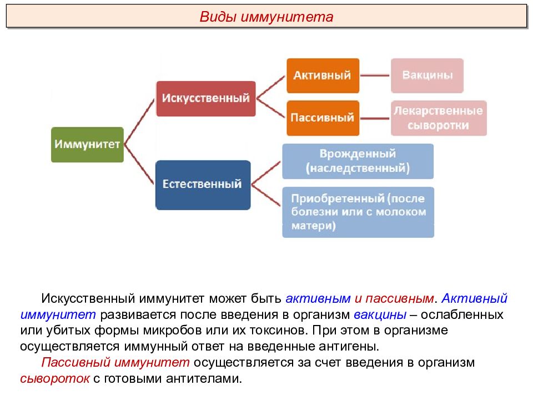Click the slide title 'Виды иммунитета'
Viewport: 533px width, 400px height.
[x=266, y=17]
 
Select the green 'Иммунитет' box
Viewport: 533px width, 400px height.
[x=87, y=144]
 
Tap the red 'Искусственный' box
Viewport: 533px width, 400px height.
[x=205, y=99]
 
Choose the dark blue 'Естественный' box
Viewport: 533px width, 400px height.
[x=203, y=184]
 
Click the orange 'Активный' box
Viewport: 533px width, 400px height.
[x=323, y=76]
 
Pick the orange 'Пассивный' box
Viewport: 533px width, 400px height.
[x=323, y=118]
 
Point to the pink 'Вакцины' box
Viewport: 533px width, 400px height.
[x=427, y=76]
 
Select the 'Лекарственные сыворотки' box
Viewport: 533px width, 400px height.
[x=439, y=118]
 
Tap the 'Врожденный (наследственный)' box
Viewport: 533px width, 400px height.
[x=358, y=161]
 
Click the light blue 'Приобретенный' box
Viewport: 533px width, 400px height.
[x=358, y=212]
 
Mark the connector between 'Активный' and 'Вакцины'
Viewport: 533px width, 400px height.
[x=375, y=76]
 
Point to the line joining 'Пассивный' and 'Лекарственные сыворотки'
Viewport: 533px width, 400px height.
[x=375, y=118]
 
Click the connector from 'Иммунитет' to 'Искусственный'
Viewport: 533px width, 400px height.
[x=140, y=122]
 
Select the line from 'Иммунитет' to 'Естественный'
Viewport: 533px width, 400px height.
[x=139, y=164]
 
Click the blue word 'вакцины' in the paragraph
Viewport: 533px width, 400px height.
[x=380, y=314]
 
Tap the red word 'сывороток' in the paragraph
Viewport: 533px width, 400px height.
[x=55, y=378]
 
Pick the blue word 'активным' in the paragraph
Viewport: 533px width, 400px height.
[x=318, y=298]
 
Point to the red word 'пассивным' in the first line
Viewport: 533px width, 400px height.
[x=400, y=298]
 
